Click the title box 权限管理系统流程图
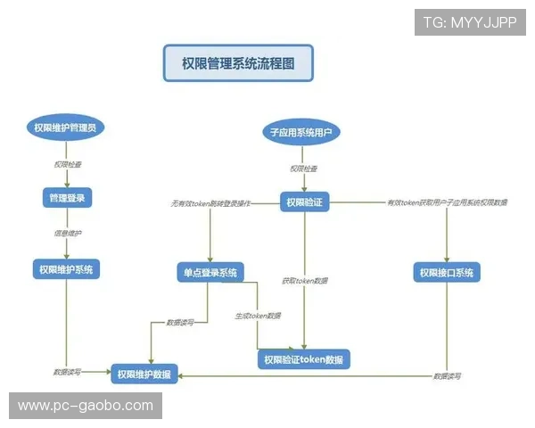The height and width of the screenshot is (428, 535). pyautogui.click(x=238, y=64)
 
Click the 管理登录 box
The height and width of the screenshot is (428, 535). pyautogui.click(x=68, y=197)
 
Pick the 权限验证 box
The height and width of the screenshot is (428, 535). pyautogui.click(x=306, y=202)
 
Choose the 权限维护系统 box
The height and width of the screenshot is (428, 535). pyautogui.click(x=68, y=268)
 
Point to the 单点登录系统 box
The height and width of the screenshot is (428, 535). pyautogui.click(x=210, y=272)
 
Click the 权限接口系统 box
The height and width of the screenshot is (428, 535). pyautogui.click(x=447, y=272)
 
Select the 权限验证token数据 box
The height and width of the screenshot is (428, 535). pyautogui.click(x=304, y=359)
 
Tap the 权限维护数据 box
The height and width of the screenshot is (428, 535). pyautogui.click(x=145, y=374)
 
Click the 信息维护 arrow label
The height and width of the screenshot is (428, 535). pyautogui.click(x=68, y=234)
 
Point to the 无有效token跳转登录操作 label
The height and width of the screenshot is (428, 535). pyautogui.click(x=210, y=203)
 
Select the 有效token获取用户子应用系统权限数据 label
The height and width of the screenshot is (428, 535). pyautogui.click(x=447, y=203)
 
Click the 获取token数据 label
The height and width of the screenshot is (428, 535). pyautogui.click(x=304, y=281)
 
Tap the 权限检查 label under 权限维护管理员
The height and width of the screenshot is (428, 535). pyautogui.click(x=68, y=165)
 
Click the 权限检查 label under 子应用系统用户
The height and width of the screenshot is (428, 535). pyautogui.click(x=304, y=169)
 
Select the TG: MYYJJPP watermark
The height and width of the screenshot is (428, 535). pyautogui.click(x=469, y=22)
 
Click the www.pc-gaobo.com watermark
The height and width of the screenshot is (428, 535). pyautogui.click(x=86, y=406)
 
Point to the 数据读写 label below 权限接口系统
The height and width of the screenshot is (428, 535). pyautogui.click(x=447, y=376)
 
